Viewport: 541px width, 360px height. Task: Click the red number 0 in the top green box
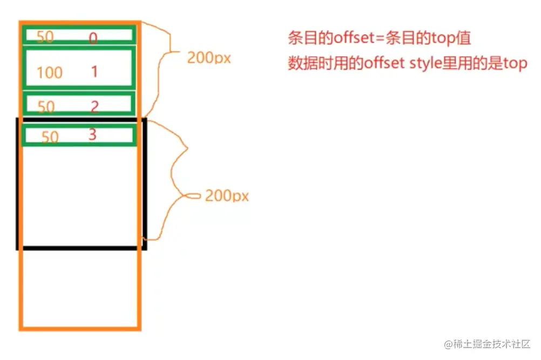tap(93, 38)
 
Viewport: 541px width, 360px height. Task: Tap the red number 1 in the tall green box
tap(94, 71)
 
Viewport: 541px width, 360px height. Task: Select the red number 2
tap(94, 106)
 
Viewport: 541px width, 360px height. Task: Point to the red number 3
tap(92, 134)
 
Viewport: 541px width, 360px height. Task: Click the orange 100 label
tap(50, 72)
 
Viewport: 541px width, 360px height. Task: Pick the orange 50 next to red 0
tap(45, 37)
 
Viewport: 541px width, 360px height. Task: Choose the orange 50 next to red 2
tap(46, 107)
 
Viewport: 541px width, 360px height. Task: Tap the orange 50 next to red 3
tap(50, 137)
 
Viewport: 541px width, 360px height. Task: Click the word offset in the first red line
tap(351, 38)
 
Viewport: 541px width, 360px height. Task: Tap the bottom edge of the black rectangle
tap(81, 248)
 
